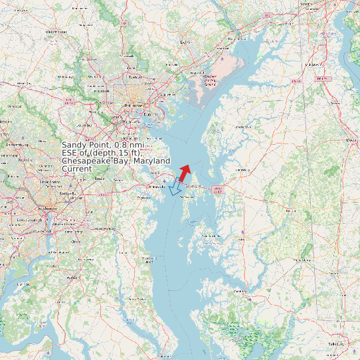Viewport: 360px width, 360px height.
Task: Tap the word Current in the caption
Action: tap(76, 169)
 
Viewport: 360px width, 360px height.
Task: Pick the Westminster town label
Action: tap(56, 31)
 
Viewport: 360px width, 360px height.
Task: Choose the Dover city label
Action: tap(351, 140)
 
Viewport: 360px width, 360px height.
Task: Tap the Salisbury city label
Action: tap(337, 344)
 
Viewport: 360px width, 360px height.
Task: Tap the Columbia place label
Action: tap(84, 124)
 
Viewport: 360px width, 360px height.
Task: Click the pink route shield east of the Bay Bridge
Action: tap(217, 189)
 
